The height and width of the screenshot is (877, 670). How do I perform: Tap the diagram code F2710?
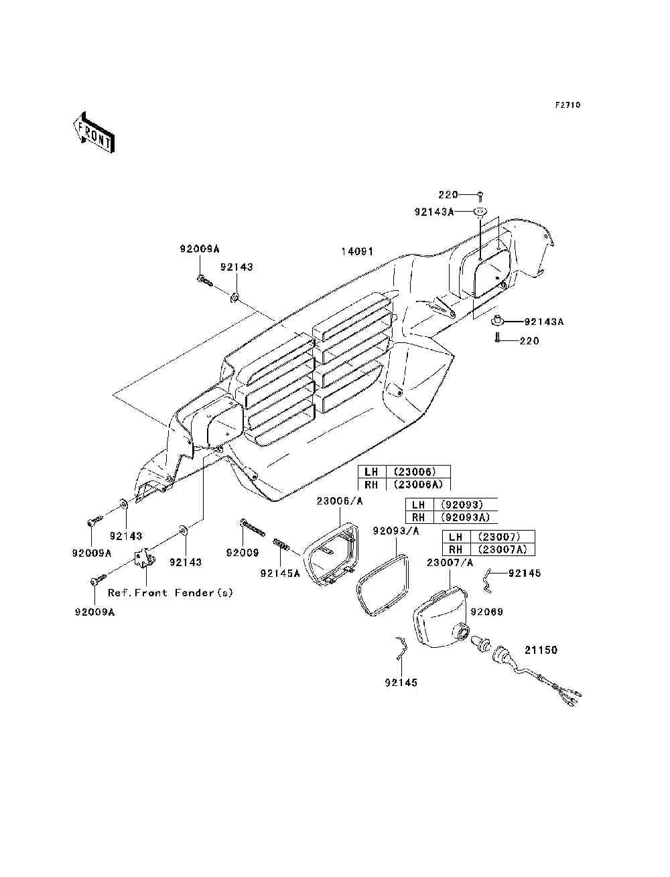(567, 105)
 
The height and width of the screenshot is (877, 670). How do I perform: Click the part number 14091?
(357, 251)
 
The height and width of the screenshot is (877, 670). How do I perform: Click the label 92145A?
(280, 574)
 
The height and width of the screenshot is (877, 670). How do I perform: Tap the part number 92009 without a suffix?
(243, 553)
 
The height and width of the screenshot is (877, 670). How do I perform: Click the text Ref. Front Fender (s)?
(170, 592)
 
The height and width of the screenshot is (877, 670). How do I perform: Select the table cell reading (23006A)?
(418, 484)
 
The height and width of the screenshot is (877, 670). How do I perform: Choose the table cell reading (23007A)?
(503, 549)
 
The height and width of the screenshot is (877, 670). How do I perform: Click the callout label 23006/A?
(340, 500)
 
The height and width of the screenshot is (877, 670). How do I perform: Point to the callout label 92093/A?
(396, 531)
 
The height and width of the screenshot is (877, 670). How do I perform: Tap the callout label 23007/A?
(450, 563)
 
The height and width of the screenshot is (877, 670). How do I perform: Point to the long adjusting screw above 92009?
(253, 527)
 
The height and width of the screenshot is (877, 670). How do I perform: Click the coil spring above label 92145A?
(281, 545)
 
